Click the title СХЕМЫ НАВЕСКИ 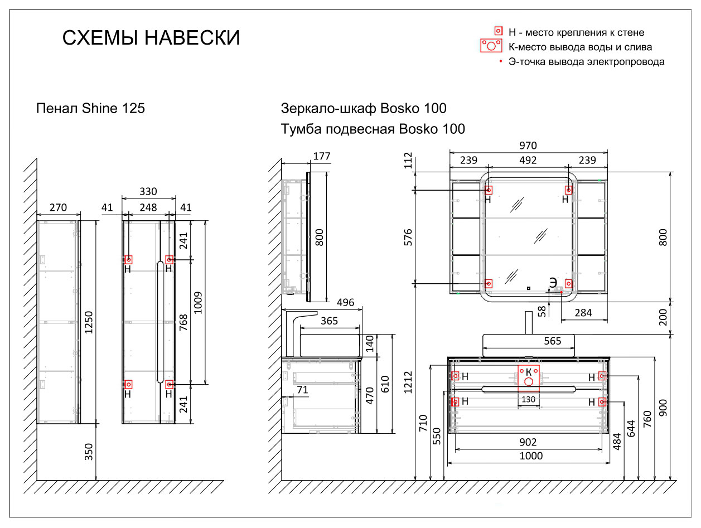pyautogui.click(x=151, y=38)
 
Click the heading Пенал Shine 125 pyautogui.click(x=90, y=108)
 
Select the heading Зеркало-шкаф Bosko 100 pyautogui.click(x=364, y=108)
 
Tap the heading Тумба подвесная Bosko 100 pyautogui.click(x=373, y=129)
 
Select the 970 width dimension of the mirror pyautogui.click(x=528, y=146)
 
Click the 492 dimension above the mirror pyautogui.click(x=528, y=160)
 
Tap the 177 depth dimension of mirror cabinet pyautogui.click(x=321, y=156)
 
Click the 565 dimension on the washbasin pyautogui.click(x=552, y=341)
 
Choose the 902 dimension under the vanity pyautogui.click(x=528, y=442)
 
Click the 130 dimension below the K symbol pyautogui.click(x=528, y=400)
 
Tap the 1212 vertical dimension pyautogui.click(x=409, y=382)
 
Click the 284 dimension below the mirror pyautogui.click(x=583, y=313)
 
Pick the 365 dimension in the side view pyautogui.click(x=329, y=321)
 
